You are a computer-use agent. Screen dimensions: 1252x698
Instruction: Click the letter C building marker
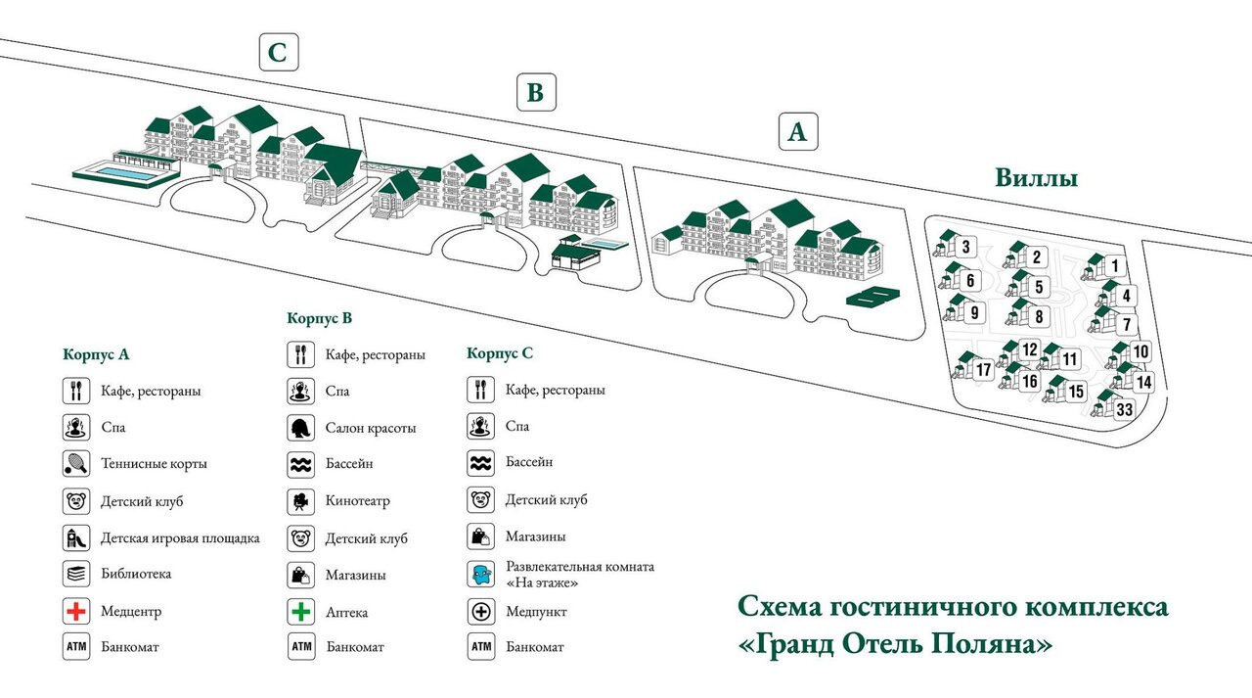(x=279, y=52)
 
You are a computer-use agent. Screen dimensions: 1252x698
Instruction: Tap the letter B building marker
(x=536, y=92)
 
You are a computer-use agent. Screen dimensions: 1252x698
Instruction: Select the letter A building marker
(x=798, y=131)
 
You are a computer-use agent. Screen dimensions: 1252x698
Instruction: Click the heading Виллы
(x=1036, y=178)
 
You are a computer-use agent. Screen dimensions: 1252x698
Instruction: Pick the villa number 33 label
(x=1124, y=409)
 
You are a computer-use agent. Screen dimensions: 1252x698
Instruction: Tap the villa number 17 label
(x=983, y=369)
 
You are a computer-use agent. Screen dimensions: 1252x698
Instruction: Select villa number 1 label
(x=1115, y=265)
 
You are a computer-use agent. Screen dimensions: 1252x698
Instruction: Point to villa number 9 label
(x=974, y=312)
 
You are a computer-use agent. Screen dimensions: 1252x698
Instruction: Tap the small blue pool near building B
(x=604, y=244)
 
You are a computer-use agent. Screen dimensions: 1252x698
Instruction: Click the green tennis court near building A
(x=873, y=296)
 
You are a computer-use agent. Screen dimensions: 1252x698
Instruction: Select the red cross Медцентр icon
(x=76, y=611)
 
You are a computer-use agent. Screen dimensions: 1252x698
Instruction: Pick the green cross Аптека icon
(x=300, y=611)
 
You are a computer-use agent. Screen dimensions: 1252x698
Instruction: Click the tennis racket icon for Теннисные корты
(x=76, y=463)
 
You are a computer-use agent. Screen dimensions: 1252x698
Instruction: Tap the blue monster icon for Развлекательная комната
(x=480, y=575)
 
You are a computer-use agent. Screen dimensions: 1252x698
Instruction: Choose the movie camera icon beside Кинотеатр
(x=300, y=501)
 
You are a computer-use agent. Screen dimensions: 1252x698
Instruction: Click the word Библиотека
(x=136, y=574)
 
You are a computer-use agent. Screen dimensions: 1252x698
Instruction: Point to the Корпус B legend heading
(x=319, y=318)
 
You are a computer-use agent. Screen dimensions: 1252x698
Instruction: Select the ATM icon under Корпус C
(x=480, y=646)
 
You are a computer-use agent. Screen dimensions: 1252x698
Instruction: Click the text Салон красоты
(x=371, y=429)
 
